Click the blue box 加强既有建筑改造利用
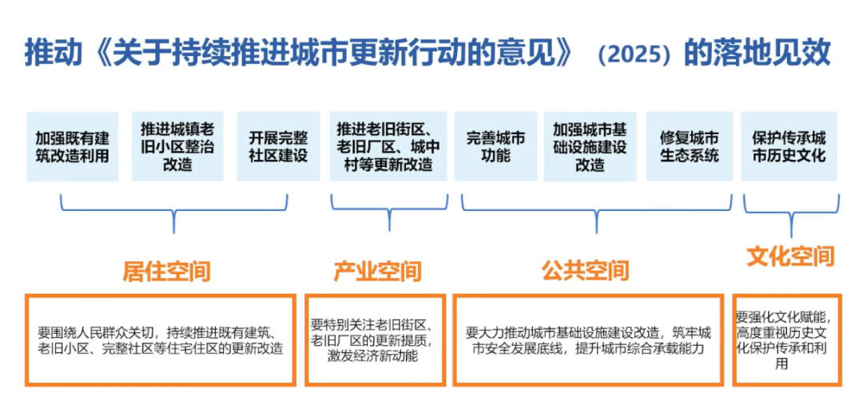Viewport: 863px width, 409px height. click(x=72, y=146)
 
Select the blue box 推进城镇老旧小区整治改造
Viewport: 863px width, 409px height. click(x=177, y=146)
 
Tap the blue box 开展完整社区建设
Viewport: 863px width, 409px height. click(x=278, y=146)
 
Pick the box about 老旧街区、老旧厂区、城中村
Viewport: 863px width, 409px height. click(x=388, y=146)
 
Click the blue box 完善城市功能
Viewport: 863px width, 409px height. click(x=495, y=146)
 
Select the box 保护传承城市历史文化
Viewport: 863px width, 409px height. click(x=789, y=146)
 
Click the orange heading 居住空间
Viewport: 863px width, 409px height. click(x=166, y=272)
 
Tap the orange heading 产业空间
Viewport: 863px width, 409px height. click(x=377, y=272)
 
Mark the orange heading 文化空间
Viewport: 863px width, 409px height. click(x=790, y=256)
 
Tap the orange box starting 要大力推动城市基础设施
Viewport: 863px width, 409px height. click(x=588, y=340)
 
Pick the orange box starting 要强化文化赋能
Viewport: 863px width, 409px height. click(x=787, y=340)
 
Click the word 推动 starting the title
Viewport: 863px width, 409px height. click(x=51, y=54)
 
